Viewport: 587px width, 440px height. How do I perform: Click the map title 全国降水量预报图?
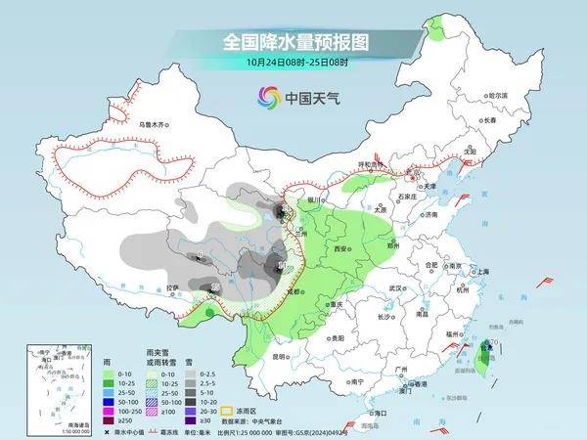(x=293, y=42)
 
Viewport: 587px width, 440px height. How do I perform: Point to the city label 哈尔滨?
(x=499, y=95)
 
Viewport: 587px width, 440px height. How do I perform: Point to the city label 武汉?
(x=395, y=288)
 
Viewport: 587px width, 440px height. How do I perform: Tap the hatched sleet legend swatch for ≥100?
(x=124, y=411)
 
